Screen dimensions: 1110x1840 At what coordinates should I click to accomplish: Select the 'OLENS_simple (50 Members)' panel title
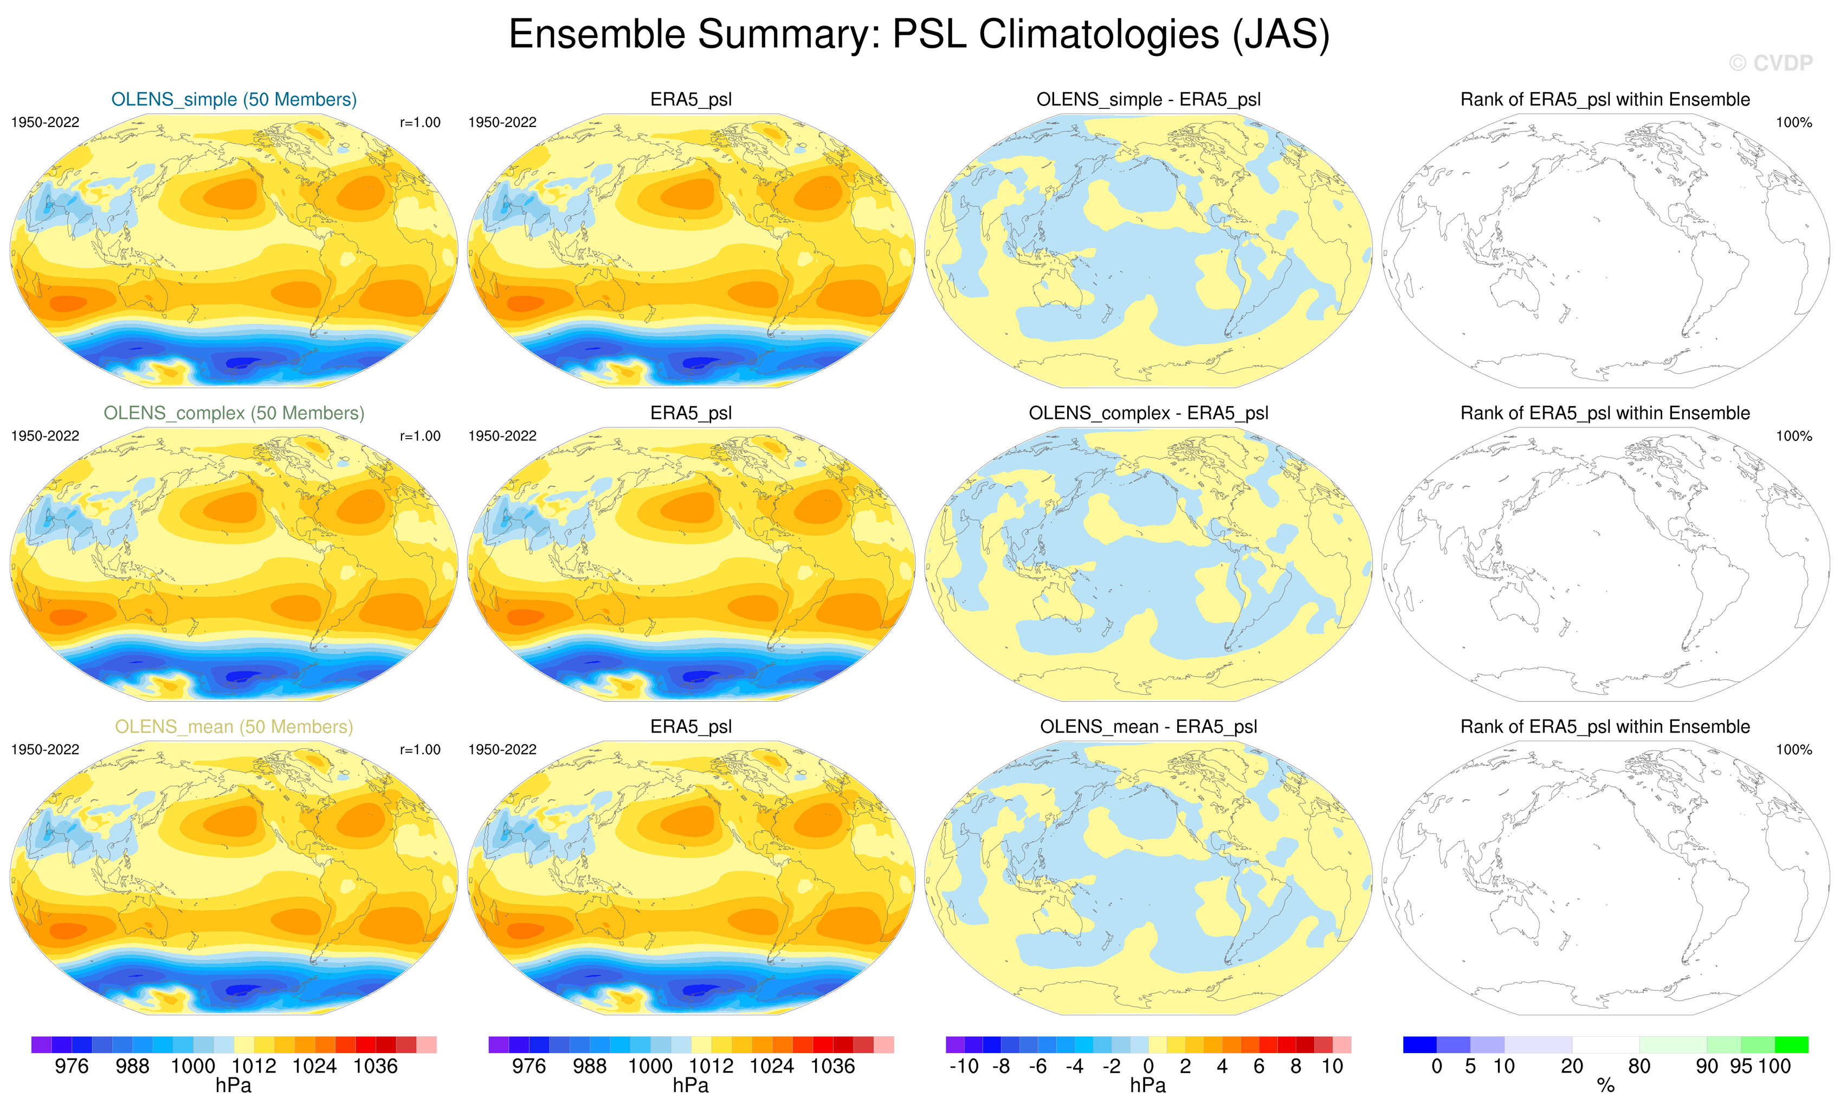(234, 99)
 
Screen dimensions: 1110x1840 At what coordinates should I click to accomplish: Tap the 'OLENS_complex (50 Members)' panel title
(234, 413)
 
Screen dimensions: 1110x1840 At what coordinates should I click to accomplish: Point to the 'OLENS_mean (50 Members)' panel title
(234, 727)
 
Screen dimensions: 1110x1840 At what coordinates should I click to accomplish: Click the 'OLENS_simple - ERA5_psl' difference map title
(1148, 99)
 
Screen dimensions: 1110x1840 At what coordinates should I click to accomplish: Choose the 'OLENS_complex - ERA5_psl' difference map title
(1148, 413)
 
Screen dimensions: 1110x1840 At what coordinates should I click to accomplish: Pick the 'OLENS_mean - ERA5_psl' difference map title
(1148, 727)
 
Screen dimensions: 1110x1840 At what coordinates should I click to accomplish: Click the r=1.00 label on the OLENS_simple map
(419, 123)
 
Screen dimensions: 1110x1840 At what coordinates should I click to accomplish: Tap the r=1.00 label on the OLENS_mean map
(419, 750)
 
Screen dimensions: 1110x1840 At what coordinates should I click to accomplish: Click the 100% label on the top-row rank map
(1794, 123)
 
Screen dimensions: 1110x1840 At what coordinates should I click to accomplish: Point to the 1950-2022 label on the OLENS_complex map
(45, 436)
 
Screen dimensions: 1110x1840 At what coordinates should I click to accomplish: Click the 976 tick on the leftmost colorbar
(72, 1067)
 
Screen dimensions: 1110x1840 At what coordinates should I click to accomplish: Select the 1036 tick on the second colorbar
(832, 1067)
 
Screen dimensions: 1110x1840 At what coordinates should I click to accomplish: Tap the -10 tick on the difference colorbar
(964, 1067)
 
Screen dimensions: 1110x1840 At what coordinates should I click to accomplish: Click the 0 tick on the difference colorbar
(1148, 1067)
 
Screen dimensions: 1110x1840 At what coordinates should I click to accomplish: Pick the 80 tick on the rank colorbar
(1639, 1067)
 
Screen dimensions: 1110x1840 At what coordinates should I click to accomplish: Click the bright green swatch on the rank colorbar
(1791, 1044)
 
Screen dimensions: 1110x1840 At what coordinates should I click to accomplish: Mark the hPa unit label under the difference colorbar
(1148, 1086)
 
